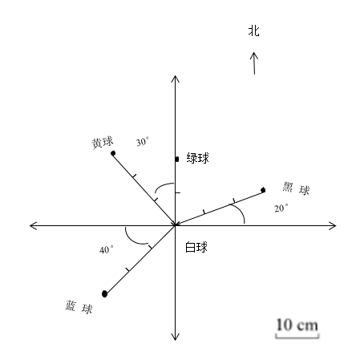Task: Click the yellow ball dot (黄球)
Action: (x=113, y=153)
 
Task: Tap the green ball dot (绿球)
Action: (x=177, y=160)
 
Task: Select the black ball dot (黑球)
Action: (x=263, y=190)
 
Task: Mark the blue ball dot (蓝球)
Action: (x=104, y=294)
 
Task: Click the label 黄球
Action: (x=103, y=143)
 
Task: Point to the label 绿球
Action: (x=198, y=158)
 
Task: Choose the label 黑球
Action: (x=296, y=188)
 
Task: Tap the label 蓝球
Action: (x=79, y=307)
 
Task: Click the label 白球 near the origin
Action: (x=196, y=247)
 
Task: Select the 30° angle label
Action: (x=143, y=142)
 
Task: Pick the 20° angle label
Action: (x=281, y=208)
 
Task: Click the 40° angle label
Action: (x=107, y=249)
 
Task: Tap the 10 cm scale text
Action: (x=297, y=325)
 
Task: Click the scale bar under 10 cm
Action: (x=297, y=336)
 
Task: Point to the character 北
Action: (x=254, y=30)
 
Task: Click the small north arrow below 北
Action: (x=254, y=63)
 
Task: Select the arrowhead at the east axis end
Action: (x=333, y=225)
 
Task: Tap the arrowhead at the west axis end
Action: (x=33, y=225)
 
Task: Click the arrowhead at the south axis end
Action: (x=175, y=337)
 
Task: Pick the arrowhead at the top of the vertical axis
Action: (x=175, y=79)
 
